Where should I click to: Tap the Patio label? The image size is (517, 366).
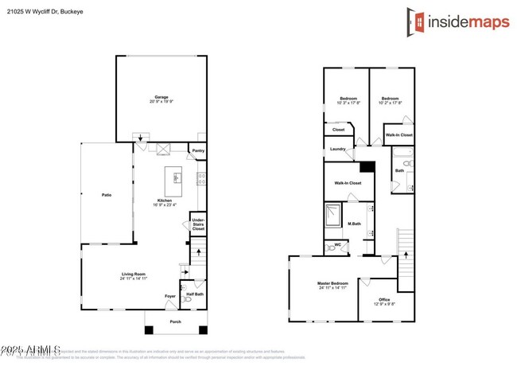pyautogui.click(x=106, y=194)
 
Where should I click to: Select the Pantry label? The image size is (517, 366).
pyautogui.click(x=197, y=150)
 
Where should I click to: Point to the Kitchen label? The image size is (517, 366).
pyautogui.click(x=165, y=201)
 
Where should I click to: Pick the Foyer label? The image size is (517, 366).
pyautogui.click(x=170, y=296)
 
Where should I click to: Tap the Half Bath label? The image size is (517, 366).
pyautogui.click(x=195, y=294)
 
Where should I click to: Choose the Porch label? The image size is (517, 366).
pyautogui.click(x=175, y=321)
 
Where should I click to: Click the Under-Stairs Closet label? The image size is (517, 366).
pyautogui.click(x=198, y=223)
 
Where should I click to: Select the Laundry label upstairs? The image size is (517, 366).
pyautogui.click(x=336, y=148)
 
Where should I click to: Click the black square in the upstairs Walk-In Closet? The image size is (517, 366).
pyautogui.click(x=367, y=168)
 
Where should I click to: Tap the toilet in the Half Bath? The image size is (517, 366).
pyautogui.click(x=188, y=300)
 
